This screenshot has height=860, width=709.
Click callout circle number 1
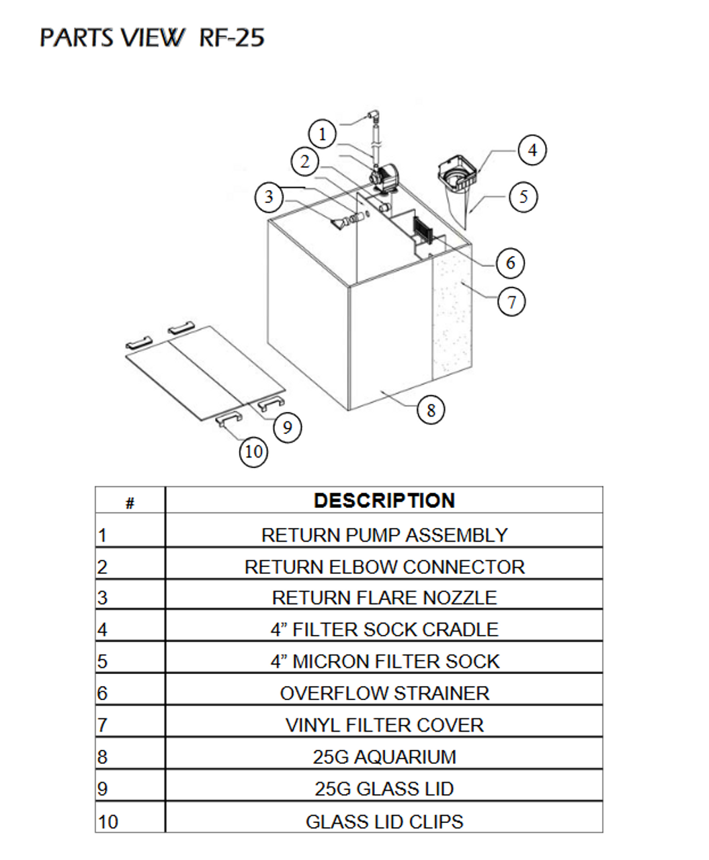323,134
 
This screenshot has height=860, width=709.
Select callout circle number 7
511,301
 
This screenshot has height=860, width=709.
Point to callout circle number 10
253,451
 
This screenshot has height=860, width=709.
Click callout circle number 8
431,409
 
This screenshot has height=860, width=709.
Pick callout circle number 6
510,262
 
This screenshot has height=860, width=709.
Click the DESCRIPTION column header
384,501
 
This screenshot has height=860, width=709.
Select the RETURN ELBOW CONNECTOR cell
384,566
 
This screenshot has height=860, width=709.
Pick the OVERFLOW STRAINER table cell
384,693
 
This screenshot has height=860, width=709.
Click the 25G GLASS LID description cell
384,788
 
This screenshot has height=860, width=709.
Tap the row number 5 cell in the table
130,661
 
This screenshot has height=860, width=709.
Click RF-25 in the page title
232,38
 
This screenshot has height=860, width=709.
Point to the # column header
130,502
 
